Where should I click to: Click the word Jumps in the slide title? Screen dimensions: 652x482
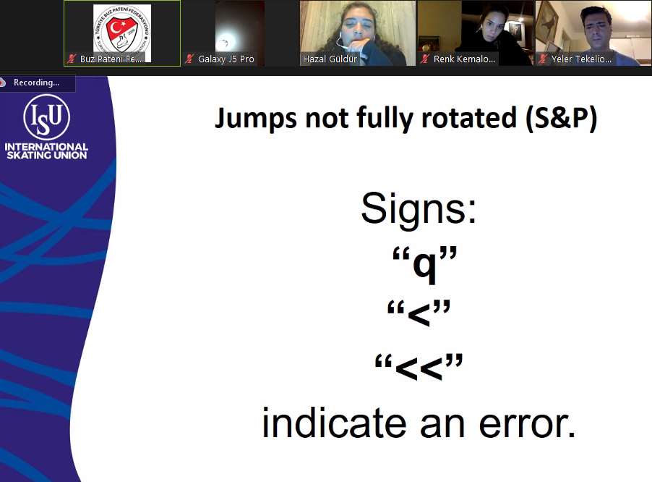(255, 119)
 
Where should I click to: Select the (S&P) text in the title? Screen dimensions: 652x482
(561, 119)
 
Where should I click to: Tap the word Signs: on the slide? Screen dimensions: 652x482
(419, 208)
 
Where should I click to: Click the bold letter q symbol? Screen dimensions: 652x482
(425, 266)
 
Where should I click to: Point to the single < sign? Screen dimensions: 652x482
(419, 314)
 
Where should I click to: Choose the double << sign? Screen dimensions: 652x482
(419, 368)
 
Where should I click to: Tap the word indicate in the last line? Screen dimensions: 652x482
(335, 423)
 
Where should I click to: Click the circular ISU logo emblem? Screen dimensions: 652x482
(46, 117)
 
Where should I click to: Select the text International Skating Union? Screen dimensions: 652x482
(46, 151)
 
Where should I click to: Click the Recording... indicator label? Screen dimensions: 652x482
(36, 83)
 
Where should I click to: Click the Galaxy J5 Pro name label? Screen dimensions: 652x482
(226, 59)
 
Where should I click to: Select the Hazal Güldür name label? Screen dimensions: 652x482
(330, 59)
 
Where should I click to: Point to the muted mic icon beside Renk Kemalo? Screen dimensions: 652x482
(424, 59)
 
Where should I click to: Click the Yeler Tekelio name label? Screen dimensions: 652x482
(581, 59)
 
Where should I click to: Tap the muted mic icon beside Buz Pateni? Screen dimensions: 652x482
(72, 59)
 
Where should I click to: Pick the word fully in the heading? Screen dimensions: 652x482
(385, 119)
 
